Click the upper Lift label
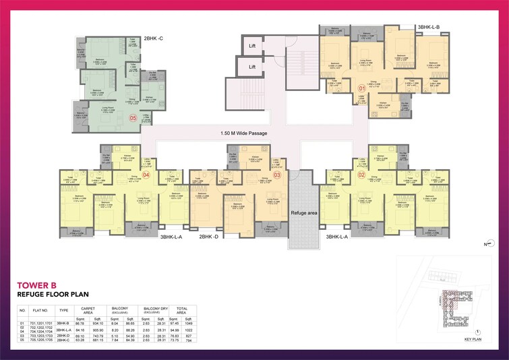point(252,46)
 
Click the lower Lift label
point(252,67)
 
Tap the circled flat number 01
point(361,88)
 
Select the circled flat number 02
point(361,175)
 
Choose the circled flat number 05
point(133,118)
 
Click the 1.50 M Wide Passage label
point(244,133)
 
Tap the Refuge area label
point(304,213)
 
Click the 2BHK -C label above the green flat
point(154,39)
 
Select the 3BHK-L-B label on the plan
point(428,27)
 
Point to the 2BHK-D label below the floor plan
point(208,237)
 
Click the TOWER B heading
point(38,285)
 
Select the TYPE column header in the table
point(64,311)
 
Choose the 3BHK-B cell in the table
point(64,323)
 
